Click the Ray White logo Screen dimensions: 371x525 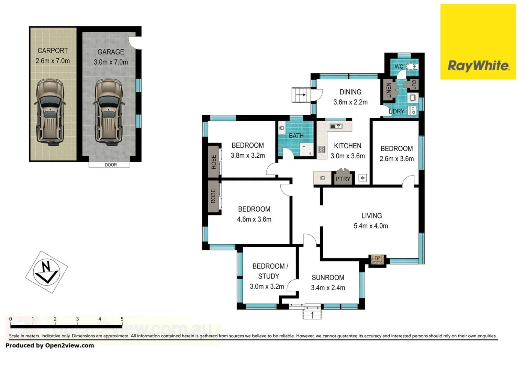click(x=478, y=42)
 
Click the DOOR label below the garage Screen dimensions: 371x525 click(x=111, y=165)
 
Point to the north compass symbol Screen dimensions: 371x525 click(x=46, y=271)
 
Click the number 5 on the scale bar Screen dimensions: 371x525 click(x=122, y=319)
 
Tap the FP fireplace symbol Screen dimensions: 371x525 click(x=377, y=259)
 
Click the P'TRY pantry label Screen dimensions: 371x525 click(x=343, y=179)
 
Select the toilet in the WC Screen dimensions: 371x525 click(x=411, y=66)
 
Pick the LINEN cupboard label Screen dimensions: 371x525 click(x=389, y=90)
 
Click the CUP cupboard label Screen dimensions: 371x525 click(x=414, y=84)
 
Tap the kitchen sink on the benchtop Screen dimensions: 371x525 click(x=336, y=126)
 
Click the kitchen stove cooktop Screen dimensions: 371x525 click(x=322, y=149)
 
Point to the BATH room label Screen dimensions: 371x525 click(x=296, y=136)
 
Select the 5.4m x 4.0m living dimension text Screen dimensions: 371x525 click(x=371, y=226)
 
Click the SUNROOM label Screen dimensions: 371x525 click(x=328, y=278)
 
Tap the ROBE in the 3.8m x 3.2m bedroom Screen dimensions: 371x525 click(x=214, y=162)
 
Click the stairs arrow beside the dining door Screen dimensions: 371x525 click(x=301, y=95)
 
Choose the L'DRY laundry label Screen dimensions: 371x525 click(x=396, y=111)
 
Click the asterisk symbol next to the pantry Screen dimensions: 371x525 click(x=362, y=178)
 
